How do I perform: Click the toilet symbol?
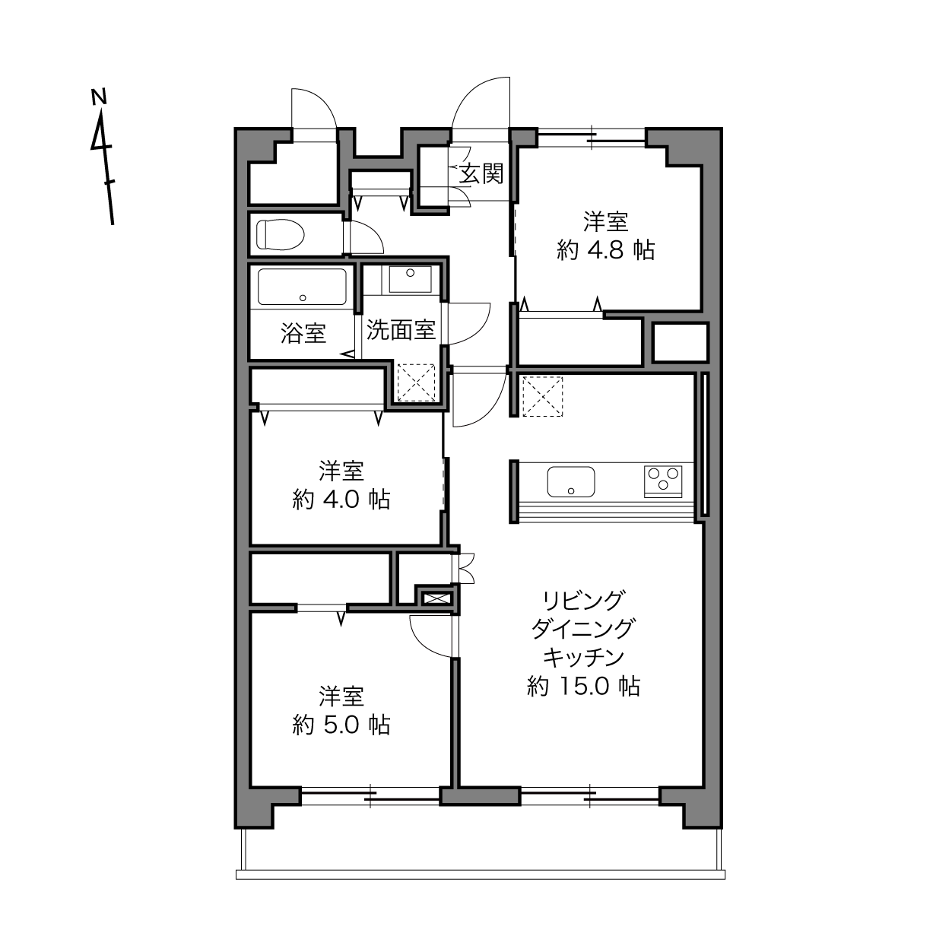[x=280, y=234]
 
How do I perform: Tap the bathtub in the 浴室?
[x=302, y=287]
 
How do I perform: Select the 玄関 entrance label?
[x=481, y=173]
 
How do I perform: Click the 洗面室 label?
[x=401, y=329]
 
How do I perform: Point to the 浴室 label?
[x=303, y=333]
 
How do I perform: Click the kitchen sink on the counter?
[x=570, y=481]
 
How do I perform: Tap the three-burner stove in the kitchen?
[x=663, y=481]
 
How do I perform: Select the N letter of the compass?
[x=100, y=97]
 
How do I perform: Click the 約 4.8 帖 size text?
[x=606, y=250]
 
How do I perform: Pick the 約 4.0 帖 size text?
[x=341, y=500]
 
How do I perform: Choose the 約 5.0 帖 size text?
[x=341, y=725]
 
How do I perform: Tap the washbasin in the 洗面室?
[x=410, y=279]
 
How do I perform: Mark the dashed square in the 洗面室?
[x=417, y=382]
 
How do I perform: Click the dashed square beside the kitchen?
[x=542, y=397]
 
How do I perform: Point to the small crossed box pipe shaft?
[x=435, y=598]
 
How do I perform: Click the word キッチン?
[x=583, y=658]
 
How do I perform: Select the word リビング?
[x=583, y=600]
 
